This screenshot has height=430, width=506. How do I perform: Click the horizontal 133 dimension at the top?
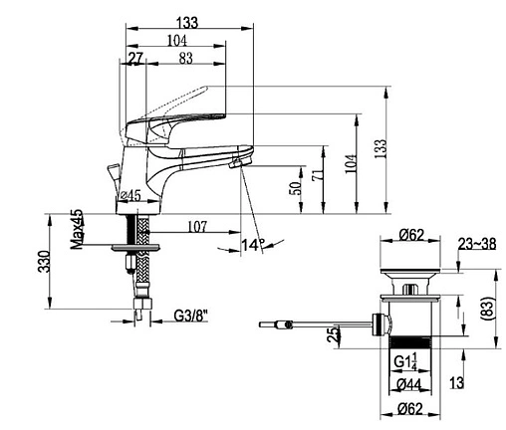pyautogui.click(x=187, y=22)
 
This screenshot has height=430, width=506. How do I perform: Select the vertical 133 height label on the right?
pyautogui.click(x=381, y=148)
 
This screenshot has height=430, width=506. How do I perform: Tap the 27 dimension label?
pyautogui.click(x=135, y=59)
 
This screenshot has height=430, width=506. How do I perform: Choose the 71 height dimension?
pyautogui.click(x=317, y=175)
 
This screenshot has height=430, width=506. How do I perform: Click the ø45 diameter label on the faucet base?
pyautogui.click(x=130, y=196)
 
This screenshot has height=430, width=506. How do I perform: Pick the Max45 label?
pyautogui.click(x=77, y=229)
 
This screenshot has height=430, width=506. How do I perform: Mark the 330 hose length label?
pyautogui.click(x=44, y=262)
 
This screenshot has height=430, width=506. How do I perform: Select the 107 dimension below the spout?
pyautogui.click(x=197, y=226)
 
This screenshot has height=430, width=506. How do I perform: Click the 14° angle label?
pyautogui.click(x=253, y=245)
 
